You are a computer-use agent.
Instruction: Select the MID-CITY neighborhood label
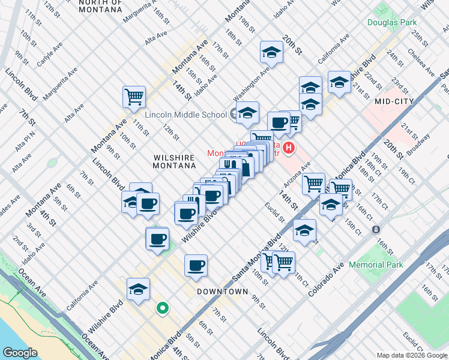coord(394,101)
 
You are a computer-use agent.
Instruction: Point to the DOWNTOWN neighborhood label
coord(222,292)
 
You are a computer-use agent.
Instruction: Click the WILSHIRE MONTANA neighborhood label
coord(174,163)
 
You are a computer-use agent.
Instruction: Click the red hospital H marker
coord(289,148)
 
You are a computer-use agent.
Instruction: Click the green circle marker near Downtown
coord(161,309)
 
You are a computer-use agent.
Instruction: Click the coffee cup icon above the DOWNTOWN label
coord(196,265)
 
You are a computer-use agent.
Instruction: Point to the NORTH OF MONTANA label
coord(101,7)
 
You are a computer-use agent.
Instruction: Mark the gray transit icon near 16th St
coord(376,230)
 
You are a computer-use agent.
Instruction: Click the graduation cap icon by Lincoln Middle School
coord(247,112)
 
